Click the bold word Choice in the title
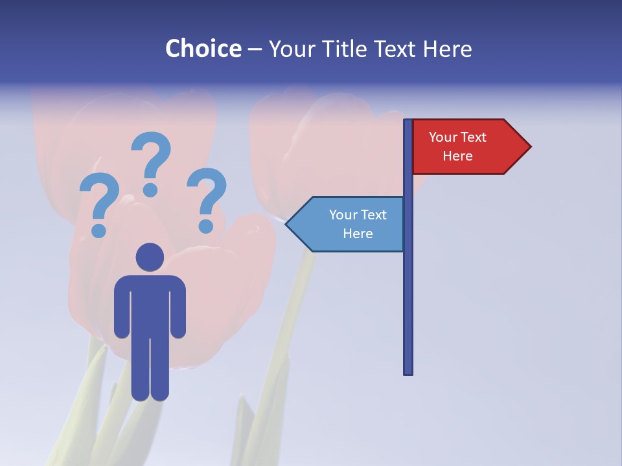pos(203,49)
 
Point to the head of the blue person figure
pos(150,257)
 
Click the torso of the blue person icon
pos(150,304)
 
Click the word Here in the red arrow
pos(457,156)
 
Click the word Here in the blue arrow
pos(358,234)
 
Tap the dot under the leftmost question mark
pos(98,230)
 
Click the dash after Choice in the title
pos(255,49)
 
